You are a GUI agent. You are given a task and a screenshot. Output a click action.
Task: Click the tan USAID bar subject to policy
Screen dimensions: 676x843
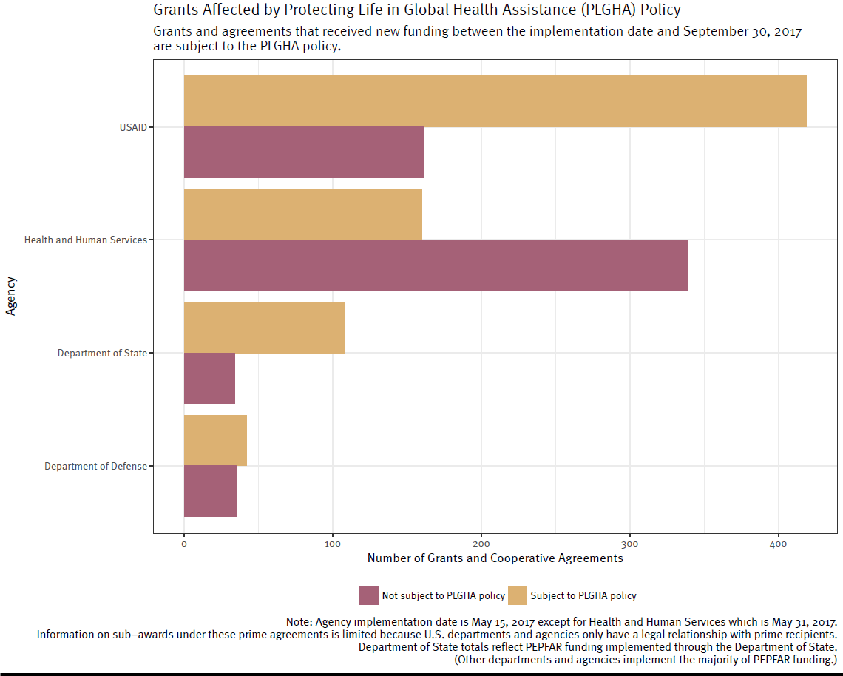495,101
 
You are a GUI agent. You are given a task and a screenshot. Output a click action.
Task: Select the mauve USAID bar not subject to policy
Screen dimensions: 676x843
303,152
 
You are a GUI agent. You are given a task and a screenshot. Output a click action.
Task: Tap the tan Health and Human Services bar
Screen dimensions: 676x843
302,214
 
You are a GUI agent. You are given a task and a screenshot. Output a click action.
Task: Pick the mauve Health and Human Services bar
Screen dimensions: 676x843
436,266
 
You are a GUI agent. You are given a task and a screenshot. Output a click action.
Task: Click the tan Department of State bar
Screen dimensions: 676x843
264,327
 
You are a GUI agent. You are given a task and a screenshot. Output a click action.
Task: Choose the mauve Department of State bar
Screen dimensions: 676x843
209,379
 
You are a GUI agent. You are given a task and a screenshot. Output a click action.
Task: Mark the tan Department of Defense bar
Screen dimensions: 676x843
215,440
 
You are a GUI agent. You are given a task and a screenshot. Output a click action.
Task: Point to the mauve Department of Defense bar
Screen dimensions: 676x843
210,492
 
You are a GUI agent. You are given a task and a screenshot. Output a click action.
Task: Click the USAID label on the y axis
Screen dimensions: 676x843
133,127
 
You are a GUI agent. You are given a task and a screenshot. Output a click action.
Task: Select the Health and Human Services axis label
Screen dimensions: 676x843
86,240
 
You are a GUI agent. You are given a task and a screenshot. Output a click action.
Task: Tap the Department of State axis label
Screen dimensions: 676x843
102,354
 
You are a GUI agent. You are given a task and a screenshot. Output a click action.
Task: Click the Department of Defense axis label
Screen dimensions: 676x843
95,467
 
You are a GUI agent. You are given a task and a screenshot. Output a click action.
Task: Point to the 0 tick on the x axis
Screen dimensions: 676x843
184,544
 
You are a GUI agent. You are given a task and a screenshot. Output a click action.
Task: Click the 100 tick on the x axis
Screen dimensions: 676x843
333,544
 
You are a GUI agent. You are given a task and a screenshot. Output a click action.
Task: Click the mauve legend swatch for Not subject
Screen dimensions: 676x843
369,595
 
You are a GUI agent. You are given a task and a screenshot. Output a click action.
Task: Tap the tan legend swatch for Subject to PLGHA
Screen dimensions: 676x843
518,595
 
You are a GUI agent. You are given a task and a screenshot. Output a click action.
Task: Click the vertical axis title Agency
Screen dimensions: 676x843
11,297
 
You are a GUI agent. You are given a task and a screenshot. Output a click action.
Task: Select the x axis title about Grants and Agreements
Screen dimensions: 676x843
495,558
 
